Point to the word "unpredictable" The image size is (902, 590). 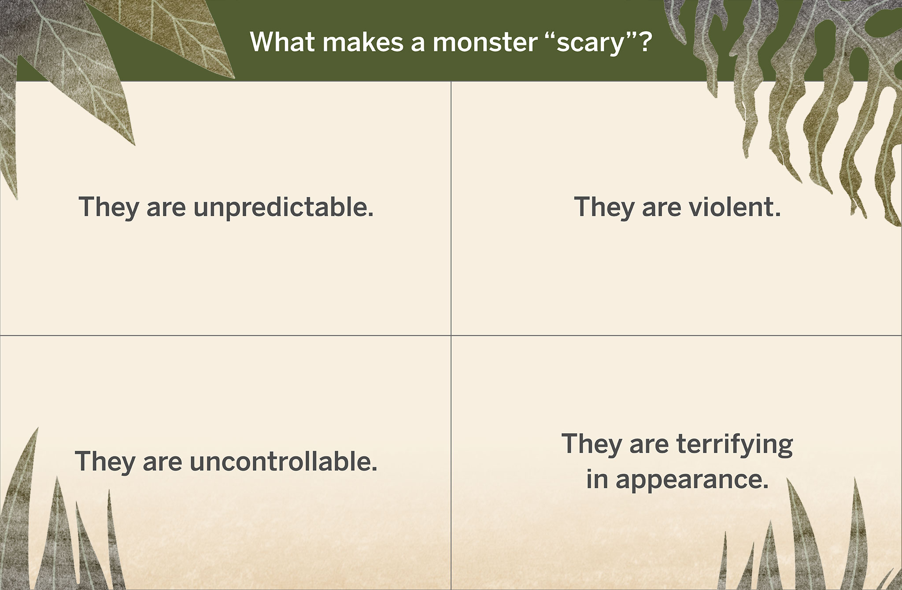point(283,207)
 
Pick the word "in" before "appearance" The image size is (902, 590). point(597,479)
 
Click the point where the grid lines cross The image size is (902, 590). point(451,335)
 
